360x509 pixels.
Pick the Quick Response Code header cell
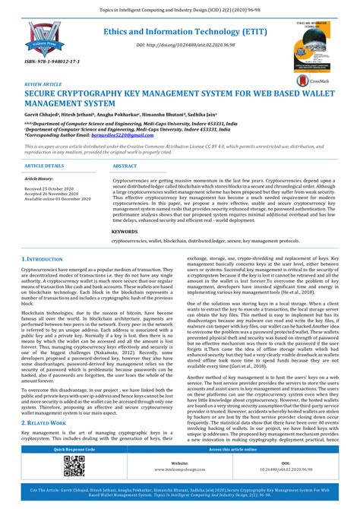click(x=74, y=450)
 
